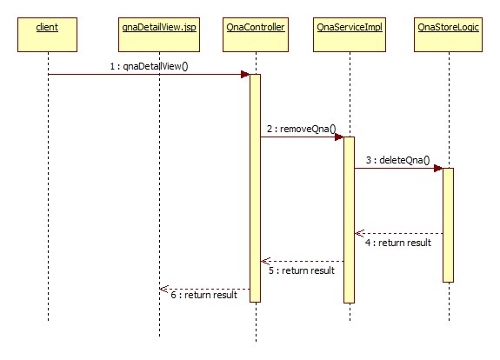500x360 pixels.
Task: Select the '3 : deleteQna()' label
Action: pyautogui.click(x=397, y=160)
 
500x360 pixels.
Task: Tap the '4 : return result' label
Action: pyautogui.click(x=397, y=243)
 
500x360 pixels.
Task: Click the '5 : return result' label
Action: pyautogui.click(x=302, y=270)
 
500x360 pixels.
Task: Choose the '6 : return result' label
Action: pyautogui.click(x=203, y=296)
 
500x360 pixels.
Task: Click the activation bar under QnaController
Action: pyautogui.click(x=256, y=187)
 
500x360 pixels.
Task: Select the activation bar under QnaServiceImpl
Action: pyautogui.click(x=349, y=217)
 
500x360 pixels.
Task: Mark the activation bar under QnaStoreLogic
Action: pyautogui.click(x=448, y=224)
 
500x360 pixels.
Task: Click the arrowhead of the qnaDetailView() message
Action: pyautogui.click(x=245, y=74)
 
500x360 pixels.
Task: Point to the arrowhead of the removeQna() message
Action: pyautogui.click(x=338, y=137)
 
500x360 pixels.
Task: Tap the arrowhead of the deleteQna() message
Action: pyautogui.click(x=437, y=168)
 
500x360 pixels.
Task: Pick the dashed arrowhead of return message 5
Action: pyautogui.click(x=266, y=261)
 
